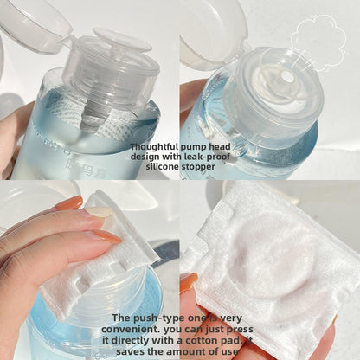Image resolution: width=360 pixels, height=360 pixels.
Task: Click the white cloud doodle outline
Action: pos(318,41)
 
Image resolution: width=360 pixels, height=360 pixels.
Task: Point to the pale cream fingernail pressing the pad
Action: pos(99,212)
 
